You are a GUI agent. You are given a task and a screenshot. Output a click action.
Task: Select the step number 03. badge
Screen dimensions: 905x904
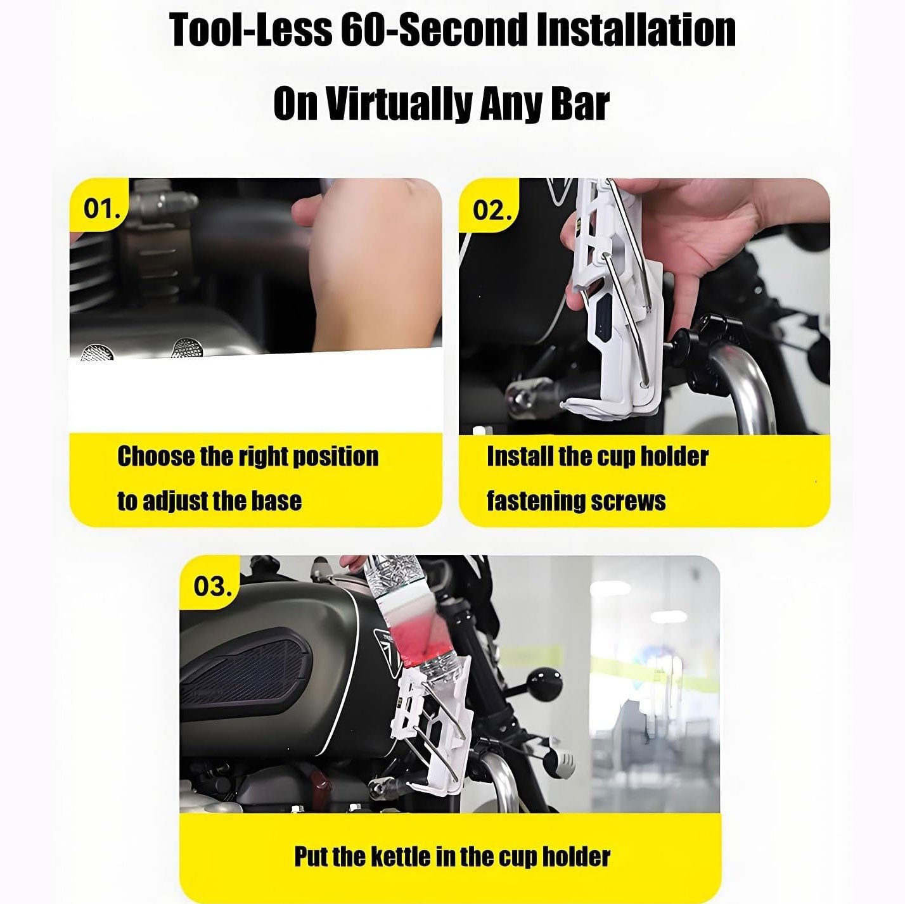210,585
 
